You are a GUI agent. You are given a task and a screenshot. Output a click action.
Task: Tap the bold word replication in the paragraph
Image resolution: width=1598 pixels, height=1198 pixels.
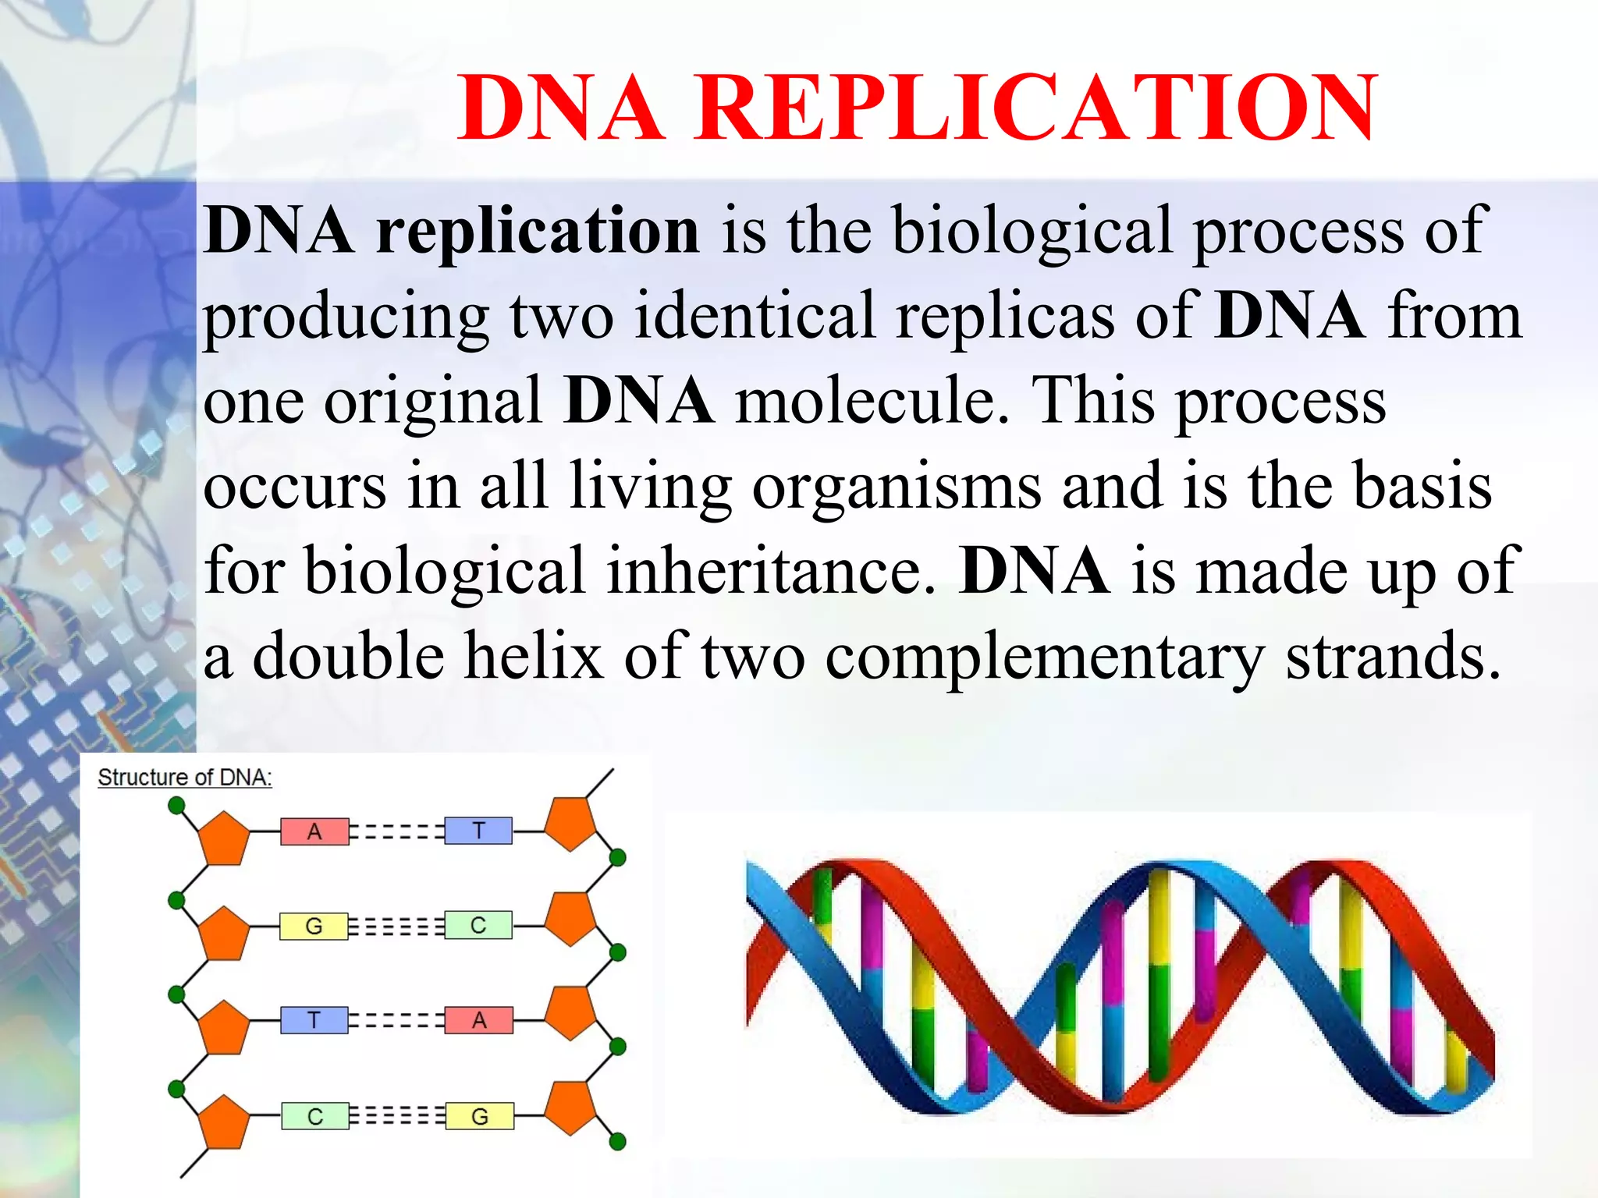coord(538,231)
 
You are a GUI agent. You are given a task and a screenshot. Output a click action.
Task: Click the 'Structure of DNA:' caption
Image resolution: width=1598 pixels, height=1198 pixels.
coord(185,778)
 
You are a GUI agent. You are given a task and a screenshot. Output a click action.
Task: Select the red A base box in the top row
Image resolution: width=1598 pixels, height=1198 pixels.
coord(314,831)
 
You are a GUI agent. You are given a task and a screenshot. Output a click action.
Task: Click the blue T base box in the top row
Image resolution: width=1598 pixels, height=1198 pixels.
coord(478,831)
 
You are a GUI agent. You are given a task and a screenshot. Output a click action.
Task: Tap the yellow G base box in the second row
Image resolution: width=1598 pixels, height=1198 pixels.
coord(314,926)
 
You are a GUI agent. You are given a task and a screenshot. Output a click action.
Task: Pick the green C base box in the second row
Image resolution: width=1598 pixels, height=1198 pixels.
coord(478,925)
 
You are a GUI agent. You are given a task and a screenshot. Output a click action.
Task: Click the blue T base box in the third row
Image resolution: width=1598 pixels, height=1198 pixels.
coord(314,1020)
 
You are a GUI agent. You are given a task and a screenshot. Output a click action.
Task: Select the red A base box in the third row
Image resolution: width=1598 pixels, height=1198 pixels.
coord(479,1020)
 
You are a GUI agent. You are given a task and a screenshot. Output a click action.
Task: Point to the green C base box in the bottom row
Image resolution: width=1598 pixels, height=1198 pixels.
coord(314,1116)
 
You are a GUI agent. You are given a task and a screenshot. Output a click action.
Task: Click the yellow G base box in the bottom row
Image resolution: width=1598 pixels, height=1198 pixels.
coord(480,1116)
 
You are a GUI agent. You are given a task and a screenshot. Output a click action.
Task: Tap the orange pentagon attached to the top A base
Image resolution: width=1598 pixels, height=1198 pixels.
coord(224,838)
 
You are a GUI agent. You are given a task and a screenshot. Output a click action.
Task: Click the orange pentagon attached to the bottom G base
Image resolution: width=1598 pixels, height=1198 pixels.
coord(570,1107)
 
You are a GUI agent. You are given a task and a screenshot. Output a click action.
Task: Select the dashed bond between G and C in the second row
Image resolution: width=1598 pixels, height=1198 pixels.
coord(396,926)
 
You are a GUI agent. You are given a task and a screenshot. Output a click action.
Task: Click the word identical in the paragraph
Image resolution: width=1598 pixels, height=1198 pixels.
coord(754,315)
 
